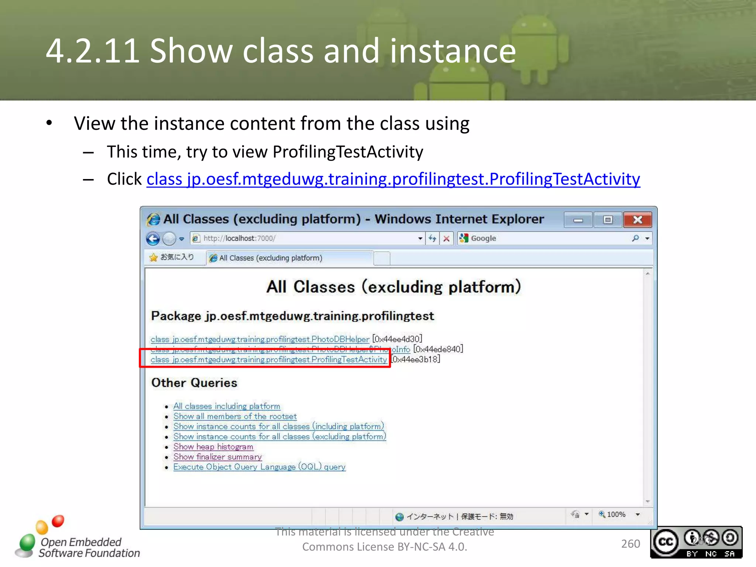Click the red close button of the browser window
(638, 220)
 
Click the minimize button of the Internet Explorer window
(578, 220)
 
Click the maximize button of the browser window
(608, 220)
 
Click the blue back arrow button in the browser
(153, 239)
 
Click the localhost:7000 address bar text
(240, 238)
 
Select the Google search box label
(483, 238)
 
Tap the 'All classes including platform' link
(227, 406)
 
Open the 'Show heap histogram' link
(213, 447)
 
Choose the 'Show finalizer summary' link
(217, 457)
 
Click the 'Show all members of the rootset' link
(235, 416)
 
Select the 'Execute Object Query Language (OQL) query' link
(259, 467)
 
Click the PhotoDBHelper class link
(260, 339)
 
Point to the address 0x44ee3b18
(416, 359)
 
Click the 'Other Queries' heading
(194, 383)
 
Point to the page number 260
(630, 544)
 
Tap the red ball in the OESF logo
(58, 521)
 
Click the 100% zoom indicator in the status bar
(616, 514)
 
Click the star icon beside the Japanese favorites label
(153, 257)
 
